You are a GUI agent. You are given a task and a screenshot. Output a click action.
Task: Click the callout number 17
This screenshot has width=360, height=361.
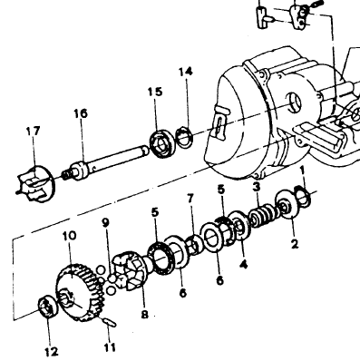[x=33, y=132]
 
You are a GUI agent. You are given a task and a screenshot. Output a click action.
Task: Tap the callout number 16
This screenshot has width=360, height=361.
[x=81, y=113]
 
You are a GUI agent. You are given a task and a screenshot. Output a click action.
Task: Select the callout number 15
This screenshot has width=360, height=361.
[x=155, y=92]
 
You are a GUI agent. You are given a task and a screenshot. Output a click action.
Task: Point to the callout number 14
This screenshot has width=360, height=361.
[x=186, y=72]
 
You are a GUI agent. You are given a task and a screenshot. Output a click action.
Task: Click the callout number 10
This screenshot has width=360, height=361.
[x=70, y=236]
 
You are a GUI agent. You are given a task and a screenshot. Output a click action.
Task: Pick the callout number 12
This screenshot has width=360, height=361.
[x=51, y=352]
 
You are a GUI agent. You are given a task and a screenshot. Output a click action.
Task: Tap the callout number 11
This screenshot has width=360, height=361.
[x=110, y=347]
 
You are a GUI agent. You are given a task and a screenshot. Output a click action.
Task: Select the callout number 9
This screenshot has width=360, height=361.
[x=105, y=223]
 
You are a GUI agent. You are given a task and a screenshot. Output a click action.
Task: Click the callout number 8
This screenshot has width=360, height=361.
[x=145, y=315]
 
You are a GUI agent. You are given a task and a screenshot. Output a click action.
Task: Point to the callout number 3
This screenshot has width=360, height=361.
[x=257, y=187]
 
